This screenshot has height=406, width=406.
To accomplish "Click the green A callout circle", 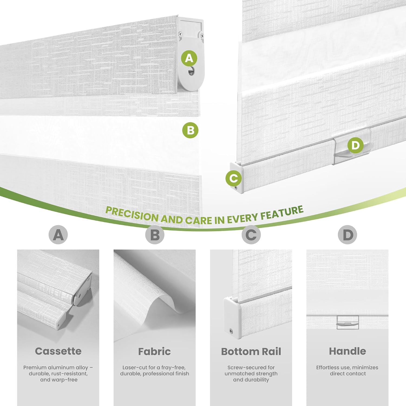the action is pos(189,58).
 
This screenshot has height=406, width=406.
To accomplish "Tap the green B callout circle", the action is pos(190,130).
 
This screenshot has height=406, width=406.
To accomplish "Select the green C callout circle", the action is pos(234,178).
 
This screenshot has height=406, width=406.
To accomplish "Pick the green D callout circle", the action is pos(355,145).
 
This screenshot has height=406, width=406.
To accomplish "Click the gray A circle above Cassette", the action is pos(58,235).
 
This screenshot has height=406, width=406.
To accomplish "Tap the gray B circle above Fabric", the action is pos(155,235).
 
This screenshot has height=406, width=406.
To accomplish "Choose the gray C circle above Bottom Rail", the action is pos(251,235).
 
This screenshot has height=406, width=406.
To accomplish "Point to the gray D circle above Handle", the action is pos(348,235).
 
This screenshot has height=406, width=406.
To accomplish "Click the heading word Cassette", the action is pos(58,351).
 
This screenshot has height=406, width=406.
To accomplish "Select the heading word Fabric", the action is pos(155,351).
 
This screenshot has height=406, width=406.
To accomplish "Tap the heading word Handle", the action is pos(348,351).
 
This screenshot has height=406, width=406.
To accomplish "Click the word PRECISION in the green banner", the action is pos(132,214).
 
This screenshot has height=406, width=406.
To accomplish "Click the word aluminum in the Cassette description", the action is pos(62,368).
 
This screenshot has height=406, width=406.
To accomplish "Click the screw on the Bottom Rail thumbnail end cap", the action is pos(231,331).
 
